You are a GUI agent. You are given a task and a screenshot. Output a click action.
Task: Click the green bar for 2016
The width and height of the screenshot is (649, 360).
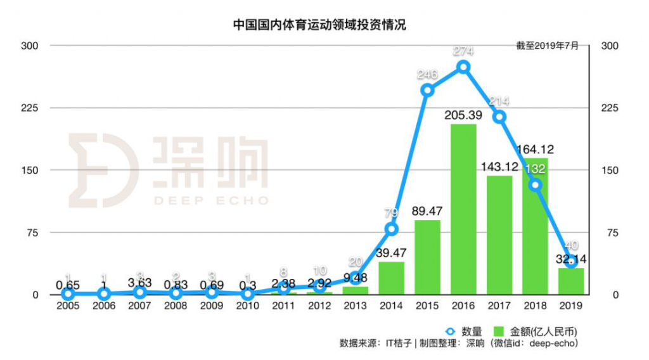pos(463,209)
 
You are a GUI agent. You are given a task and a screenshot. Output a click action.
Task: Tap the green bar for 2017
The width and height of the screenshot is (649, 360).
pos(499,235)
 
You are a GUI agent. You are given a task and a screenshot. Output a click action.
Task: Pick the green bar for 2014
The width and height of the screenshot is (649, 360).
pos(392,278)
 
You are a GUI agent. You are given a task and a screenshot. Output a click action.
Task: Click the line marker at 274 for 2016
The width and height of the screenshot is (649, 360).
pos(463,67)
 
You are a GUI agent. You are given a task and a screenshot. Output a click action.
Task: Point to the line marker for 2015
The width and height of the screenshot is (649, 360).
pos(427,90)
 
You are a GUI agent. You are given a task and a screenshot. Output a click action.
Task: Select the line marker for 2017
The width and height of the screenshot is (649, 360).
pos(499,117)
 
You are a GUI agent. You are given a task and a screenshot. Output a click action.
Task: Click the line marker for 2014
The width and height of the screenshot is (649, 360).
pos(392,229)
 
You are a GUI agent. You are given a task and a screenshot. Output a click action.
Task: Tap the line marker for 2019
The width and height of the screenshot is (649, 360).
pos(571,261)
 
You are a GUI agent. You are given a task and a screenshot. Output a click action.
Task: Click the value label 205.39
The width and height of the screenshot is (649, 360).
pos(463,114)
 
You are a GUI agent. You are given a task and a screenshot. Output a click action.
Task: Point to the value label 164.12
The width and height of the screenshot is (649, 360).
pos(535,150)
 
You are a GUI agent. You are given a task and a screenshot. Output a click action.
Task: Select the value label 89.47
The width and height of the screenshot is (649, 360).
pos(427,211)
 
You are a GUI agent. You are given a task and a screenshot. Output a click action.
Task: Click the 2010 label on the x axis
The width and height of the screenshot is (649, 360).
pos(248,305)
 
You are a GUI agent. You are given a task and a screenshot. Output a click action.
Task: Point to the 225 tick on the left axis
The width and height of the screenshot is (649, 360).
pos(31,108)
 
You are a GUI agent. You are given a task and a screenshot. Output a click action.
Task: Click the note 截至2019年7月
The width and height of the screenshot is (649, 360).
pos(547,46)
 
